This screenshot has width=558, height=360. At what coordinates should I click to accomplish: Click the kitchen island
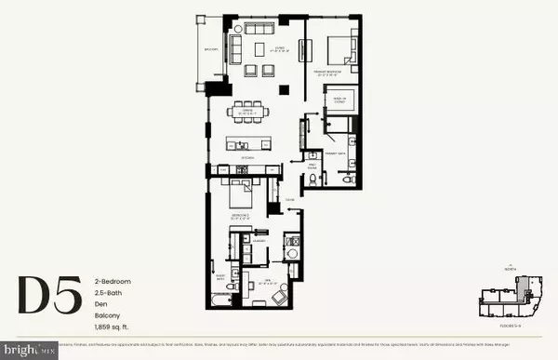[249, 144]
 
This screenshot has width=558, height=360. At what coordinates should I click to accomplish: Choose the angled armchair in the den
[280, 297]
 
